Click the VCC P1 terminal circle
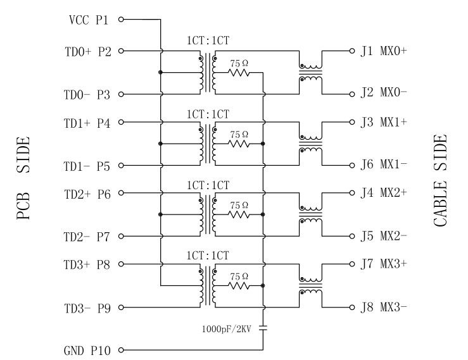(121, 20)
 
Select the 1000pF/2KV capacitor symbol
(263, 328)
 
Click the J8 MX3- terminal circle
(350, 308)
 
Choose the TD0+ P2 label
(87, 51)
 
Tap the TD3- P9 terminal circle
(121, 308)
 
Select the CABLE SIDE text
(441, 180)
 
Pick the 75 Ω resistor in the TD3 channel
(239, 286)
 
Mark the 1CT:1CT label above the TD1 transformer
(208, 114)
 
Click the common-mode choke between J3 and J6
(310, 144)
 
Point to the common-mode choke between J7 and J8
(310, 286)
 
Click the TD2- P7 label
(87, 237)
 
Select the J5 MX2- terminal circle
(350, 237)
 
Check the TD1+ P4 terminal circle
(121, 122)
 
